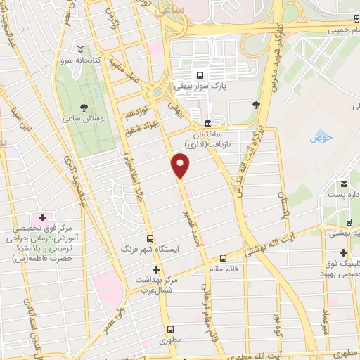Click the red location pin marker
coord(181,166)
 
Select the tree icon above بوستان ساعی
coord(84,108)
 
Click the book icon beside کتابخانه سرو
coord(81,49)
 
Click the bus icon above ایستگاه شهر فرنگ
coord(149,238)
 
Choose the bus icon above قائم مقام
coord(223,258)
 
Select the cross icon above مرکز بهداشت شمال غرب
coord(156,269)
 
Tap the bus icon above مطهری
coord(170,329)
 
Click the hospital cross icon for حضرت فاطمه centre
coord(42,217)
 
